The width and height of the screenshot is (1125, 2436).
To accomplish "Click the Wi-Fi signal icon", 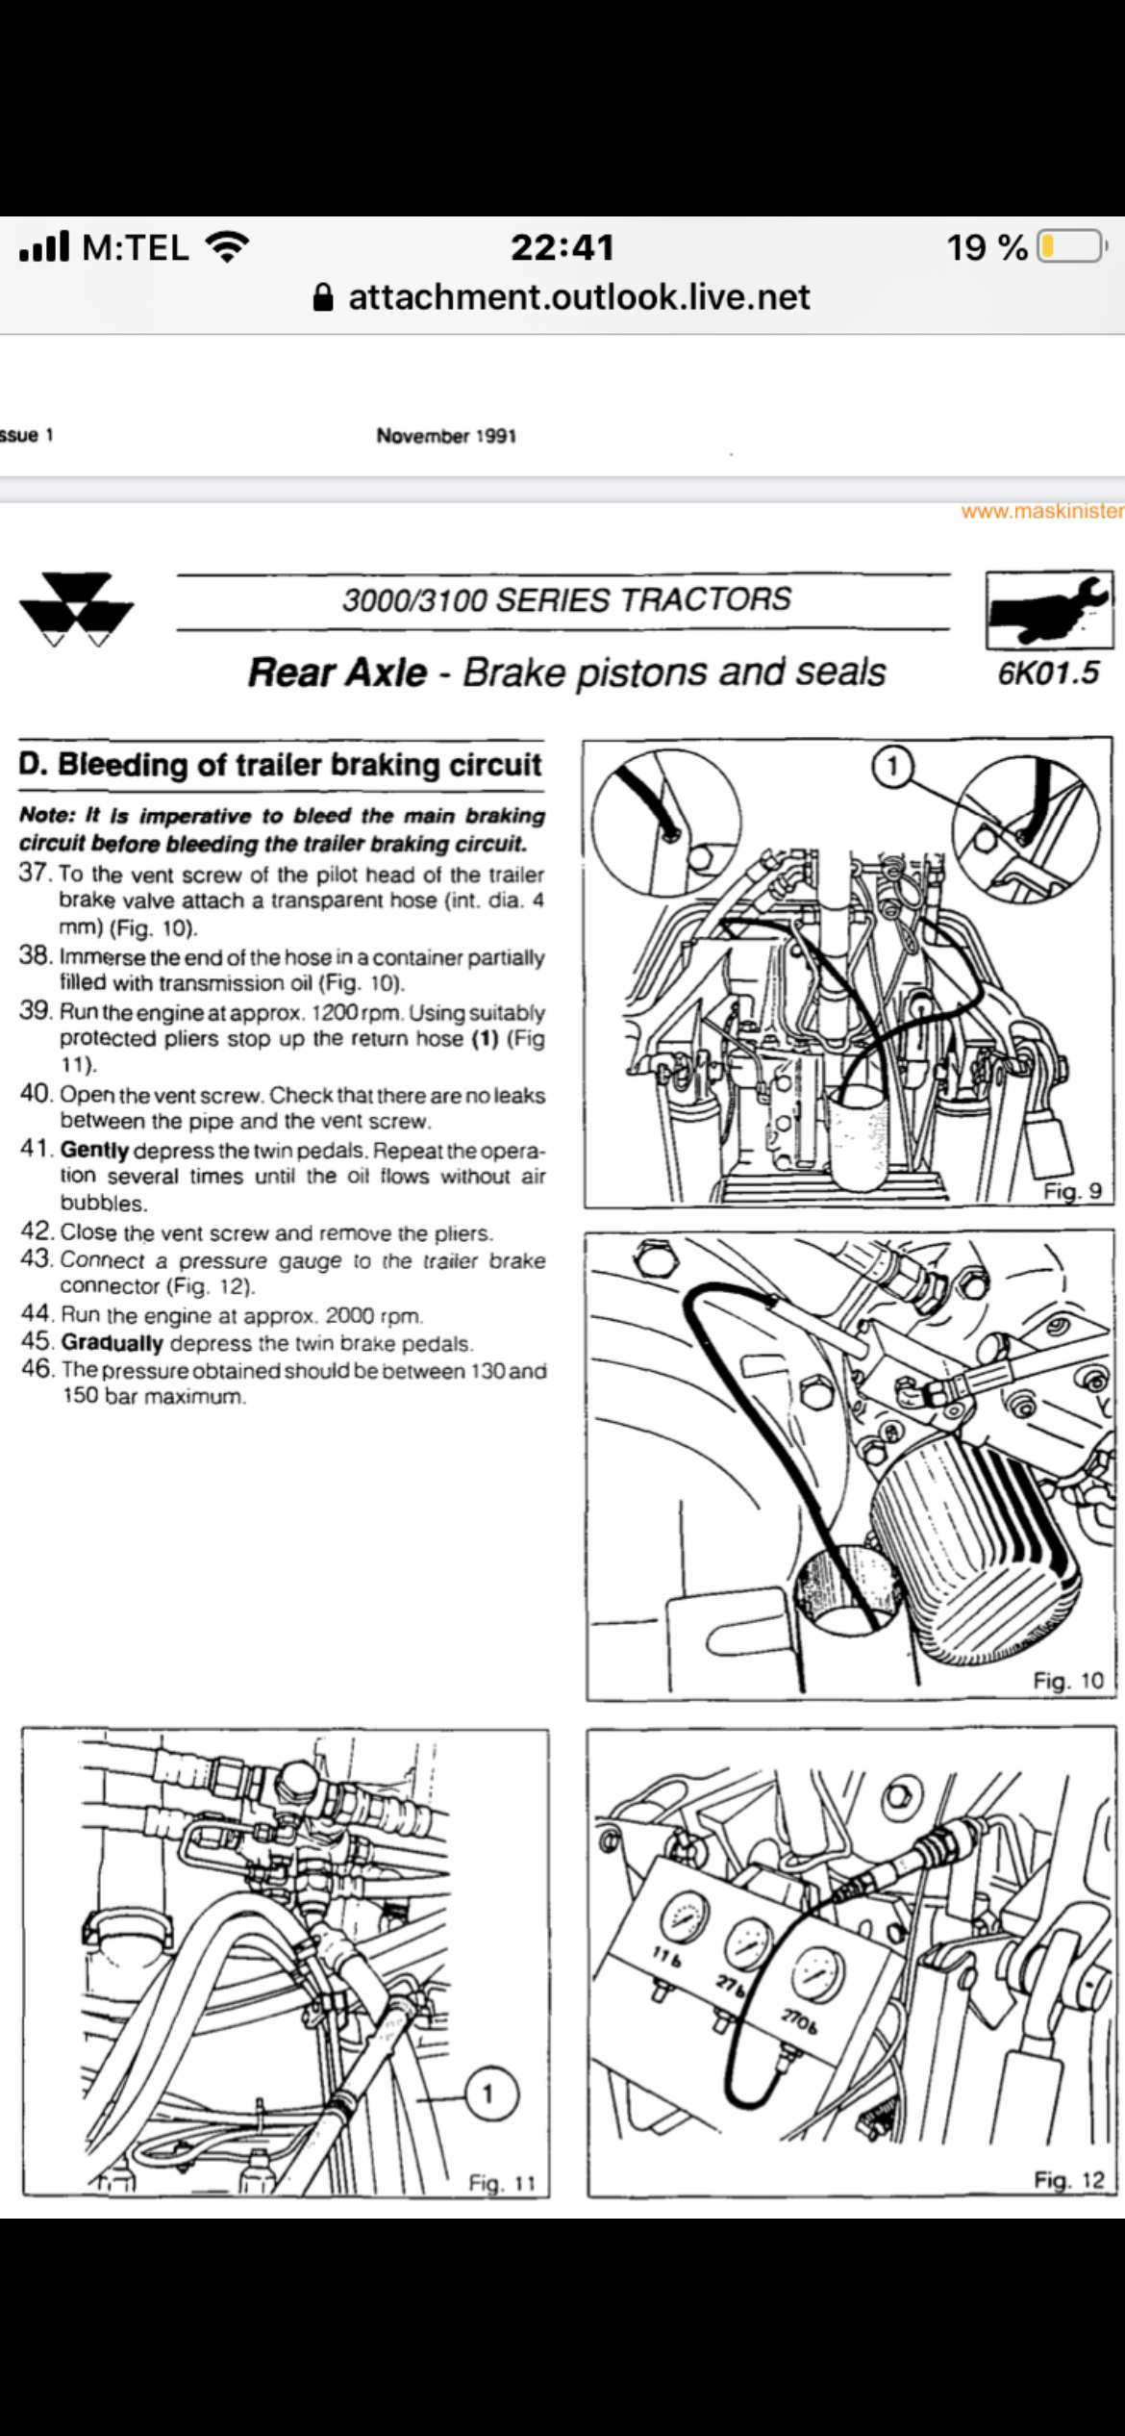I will pyautogui.click(x=228, y=247).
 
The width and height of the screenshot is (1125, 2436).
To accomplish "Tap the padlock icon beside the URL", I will pyautogui.click(x=324, y=297).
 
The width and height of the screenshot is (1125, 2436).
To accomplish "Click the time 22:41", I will pyautogui.click(x=562, y=247).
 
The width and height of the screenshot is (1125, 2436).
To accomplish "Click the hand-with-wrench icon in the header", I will pyautogui.click(x=1048, y=610).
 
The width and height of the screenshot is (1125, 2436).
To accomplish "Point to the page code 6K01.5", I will pyautogui.click(x=1047, y=672).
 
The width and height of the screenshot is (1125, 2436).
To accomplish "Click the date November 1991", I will pyautogui.click(x=446, y=436).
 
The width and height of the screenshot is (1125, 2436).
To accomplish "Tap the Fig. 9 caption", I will pyautogui.click(x=1072, y=1191).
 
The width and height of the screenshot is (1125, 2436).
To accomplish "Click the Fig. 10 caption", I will pyautogui.click(x=1067, y=1681).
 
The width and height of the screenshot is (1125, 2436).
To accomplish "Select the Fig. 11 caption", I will pyautogui.click(x=501, y=2183).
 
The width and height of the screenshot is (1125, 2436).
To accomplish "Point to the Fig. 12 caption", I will pyautogui.click(x=1068, y=2179).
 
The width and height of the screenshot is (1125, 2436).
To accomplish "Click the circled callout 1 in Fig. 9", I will pyautogui.click(x=892, y=766).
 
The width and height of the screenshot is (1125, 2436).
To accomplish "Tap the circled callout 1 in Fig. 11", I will pyautogui.click(x=487, y=2093).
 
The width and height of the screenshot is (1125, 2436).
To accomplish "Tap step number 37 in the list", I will pyautogui.click(x=36, y=874).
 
